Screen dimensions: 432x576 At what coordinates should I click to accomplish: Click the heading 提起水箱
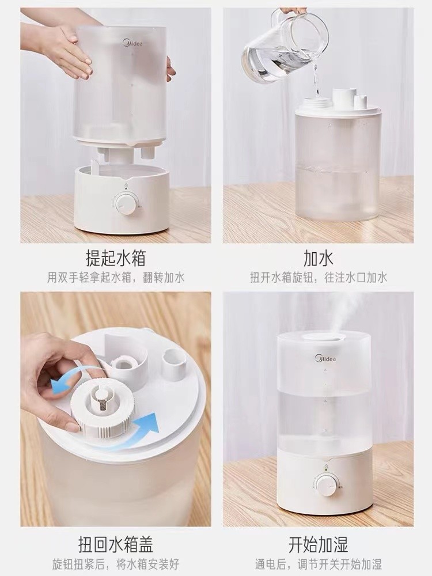(x=116, y=257)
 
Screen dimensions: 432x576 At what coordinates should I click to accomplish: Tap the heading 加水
(x=318, y=257)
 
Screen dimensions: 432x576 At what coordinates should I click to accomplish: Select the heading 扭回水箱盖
(x=116, y=544)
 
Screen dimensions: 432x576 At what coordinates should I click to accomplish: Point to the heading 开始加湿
(x=318, y=544)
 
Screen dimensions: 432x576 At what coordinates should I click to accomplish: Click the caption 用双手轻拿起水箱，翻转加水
(x=116, y=278)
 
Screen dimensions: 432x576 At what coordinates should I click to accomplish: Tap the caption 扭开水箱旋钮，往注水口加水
(x=319, y=278)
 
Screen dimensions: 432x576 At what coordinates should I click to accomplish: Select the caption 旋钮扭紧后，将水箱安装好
(x=116, y=564)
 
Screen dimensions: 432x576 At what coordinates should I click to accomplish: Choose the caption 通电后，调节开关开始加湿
(x=319, y=564)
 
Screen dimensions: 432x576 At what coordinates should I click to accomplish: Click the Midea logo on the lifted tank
(x=132, y=43)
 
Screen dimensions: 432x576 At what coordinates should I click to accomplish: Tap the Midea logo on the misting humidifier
(x=325, y=358)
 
